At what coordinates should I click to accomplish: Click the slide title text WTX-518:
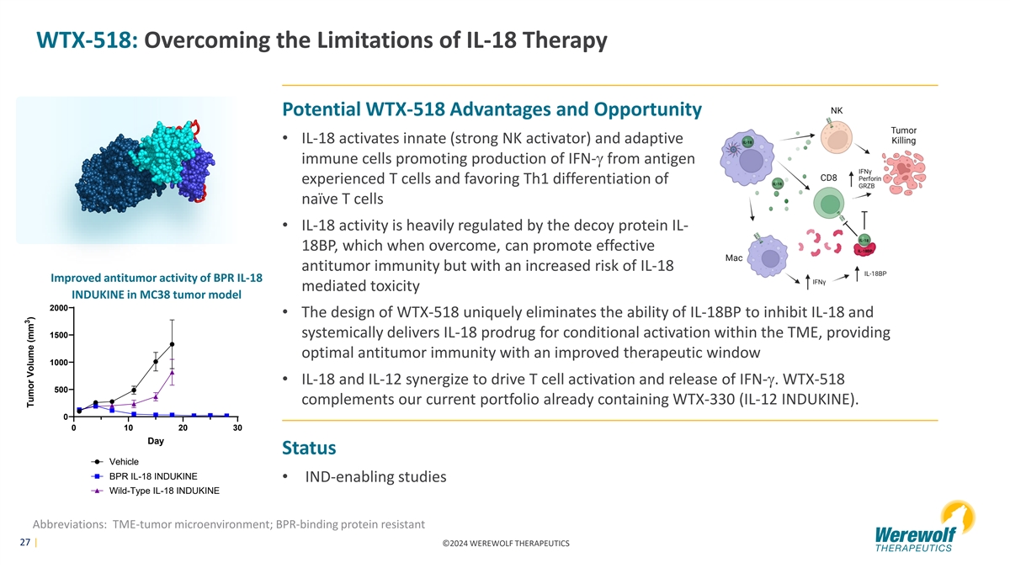[x=87, y=40]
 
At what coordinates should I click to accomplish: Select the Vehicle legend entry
[x=115, y=462]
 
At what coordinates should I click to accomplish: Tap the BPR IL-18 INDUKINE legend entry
[x=144, y=476]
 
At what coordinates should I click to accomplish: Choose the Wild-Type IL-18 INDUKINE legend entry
[x=156, y=491]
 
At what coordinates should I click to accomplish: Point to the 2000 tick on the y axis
[x=59, y=308]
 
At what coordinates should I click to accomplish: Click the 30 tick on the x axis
[x=237, y=427]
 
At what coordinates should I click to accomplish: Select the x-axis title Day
[x=156, y=441]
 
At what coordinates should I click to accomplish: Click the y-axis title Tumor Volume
[x=30, y=362]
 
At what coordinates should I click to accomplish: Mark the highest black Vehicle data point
[x=172, y=344]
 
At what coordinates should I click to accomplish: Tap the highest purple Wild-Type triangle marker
[x=172, y=372]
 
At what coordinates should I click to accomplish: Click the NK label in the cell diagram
[x=837, y=110]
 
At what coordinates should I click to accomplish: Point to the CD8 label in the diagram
[x=828, y=178]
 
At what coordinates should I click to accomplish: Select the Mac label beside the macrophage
[x=734, y=257]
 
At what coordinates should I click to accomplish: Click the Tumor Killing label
[x=904, y=135]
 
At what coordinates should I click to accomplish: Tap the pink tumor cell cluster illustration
[x=904, y=173]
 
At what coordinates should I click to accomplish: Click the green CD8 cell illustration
[x=829, y=204]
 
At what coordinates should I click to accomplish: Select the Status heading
[x=309, y=448]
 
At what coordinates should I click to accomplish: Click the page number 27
[x=24, y=542]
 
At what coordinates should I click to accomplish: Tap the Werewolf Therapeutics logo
[x=924, y=527]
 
